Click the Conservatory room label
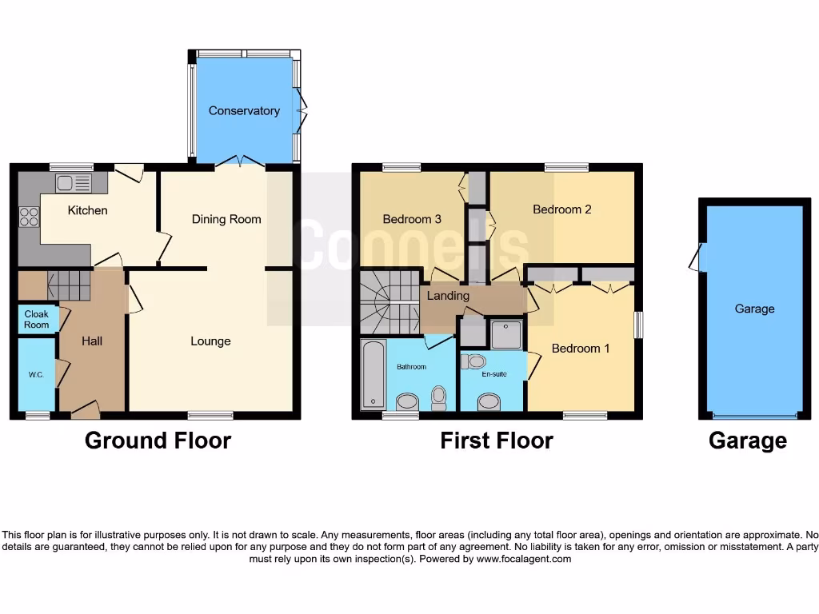point(244,111)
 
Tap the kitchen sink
point(73,183)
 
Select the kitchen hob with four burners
point(29,216)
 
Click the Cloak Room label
point(36,319)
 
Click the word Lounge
point(210,341)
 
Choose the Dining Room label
point(226,219)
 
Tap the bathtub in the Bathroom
point(373,374)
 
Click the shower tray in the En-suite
point(506,334)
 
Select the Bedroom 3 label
point(412,219)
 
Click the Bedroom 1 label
point(581,349)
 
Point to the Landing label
point(448,296)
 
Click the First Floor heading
point(496,441)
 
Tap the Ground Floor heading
point(158,441)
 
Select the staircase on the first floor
point(389,302)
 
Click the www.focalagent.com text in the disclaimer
point(524,560)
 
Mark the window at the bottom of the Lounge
point(210,416)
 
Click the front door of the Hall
point(86,411)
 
